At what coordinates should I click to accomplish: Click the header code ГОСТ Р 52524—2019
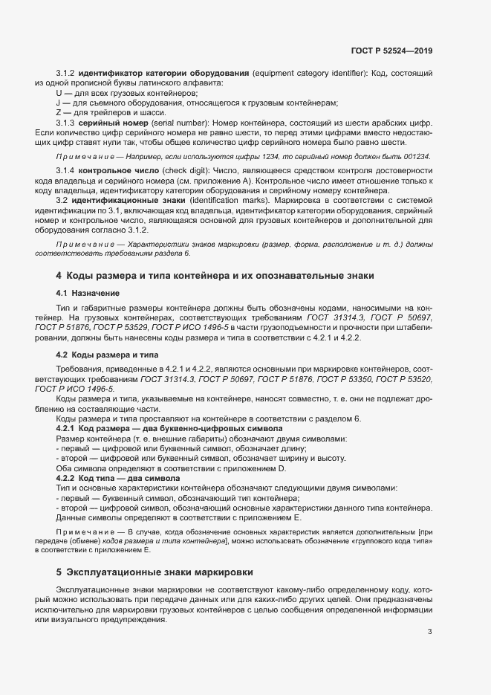pyautogui.click(x=391, y=51)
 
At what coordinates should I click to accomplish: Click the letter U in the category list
pyautogui.click(x=59, y=92)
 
